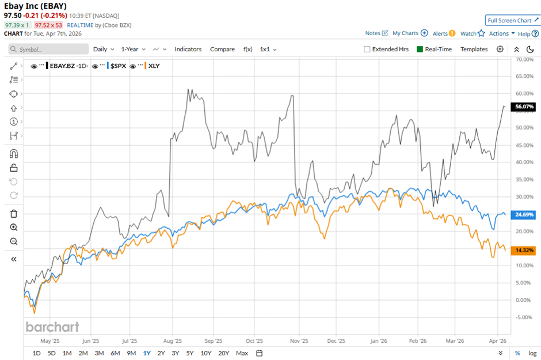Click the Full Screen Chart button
512,20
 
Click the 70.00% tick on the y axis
523,59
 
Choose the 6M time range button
115,353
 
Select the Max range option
242,353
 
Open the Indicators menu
188,50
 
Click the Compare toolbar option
222,50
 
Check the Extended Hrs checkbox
367,50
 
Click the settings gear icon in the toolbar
500,50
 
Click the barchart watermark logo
52,327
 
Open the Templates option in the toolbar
474,50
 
